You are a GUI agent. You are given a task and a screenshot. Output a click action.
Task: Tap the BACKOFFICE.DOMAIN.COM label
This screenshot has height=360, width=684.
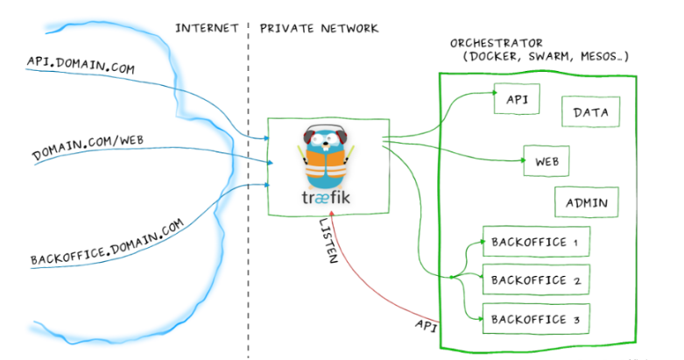108,243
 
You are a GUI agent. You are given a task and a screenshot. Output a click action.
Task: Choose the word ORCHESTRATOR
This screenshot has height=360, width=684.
496,42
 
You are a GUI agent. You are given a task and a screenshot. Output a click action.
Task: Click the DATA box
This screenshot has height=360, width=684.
590,112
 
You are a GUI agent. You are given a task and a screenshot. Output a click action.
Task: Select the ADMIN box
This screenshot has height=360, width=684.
586,203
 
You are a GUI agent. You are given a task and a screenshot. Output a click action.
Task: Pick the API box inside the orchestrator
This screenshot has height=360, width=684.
518,98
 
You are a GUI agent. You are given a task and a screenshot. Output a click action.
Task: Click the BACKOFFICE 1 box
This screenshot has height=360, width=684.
535,242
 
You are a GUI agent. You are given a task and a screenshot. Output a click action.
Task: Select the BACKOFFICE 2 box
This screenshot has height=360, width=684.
535,280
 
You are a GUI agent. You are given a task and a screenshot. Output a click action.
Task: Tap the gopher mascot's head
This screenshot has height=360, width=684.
325,140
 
